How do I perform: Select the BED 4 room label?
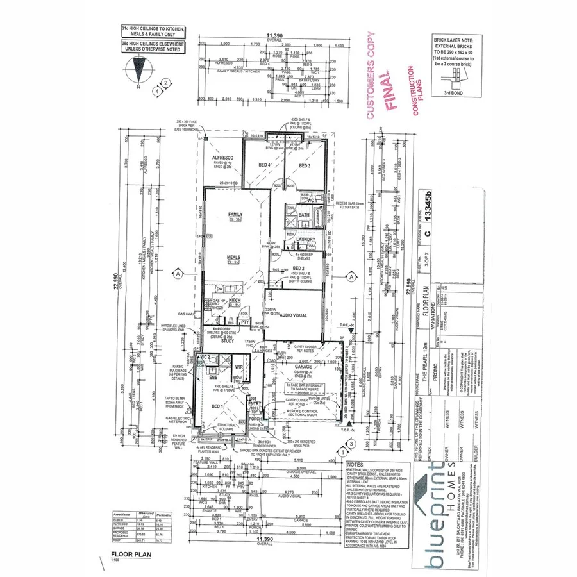[x=265, y=165]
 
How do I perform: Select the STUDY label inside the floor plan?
[x=228, y=341]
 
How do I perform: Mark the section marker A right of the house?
[x=351, y=276]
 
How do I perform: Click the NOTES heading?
[x=355, y=464]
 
